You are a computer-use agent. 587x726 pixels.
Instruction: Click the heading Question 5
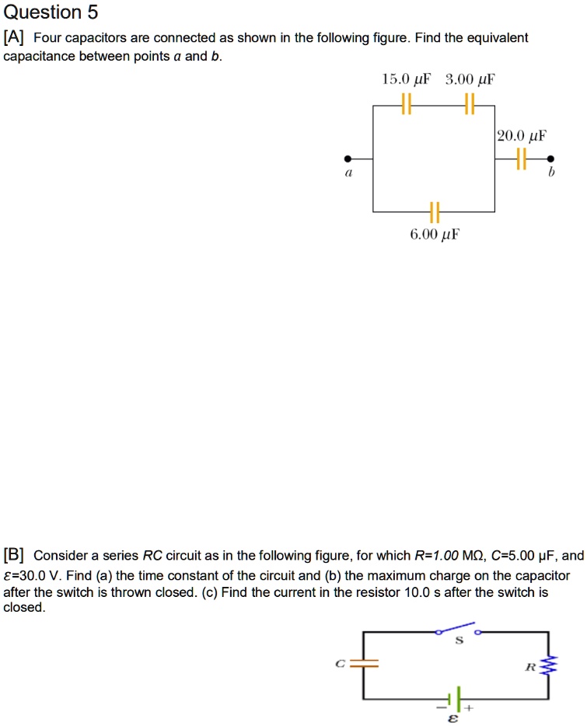pyautogui.click(x=51, y=12)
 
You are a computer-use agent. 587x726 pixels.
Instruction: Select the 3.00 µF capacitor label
pyautogui.click(x=470, y=79)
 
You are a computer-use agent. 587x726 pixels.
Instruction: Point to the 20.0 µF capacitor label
pyautogui.click(x=522, y=135)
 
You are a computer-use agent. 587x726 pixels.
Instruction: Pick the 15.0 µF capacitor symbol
pyautogui.click(x=406, y=103)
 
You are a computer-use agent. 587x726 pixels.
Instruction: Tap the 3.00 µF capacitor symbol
pyautogui.click(x=468, y=103)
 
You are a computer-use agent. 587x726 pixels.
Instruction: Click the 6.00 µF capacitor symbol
pyautogui.click(x=434, y=211)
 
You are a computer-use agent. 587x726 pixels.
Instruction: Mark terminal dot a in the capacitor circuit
pyautogui.click(x=349, y=159)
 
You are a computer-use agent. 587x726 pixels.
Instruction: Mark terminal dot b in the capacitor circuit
pyautogui.click(x=550, y=159)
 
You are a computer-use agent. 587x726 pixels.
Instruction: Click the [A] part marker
pyautogui.click(x=15, y=38)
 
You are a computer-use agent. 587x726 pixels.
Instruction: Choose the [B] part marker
pyautogui.click(x=15, y=555)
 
